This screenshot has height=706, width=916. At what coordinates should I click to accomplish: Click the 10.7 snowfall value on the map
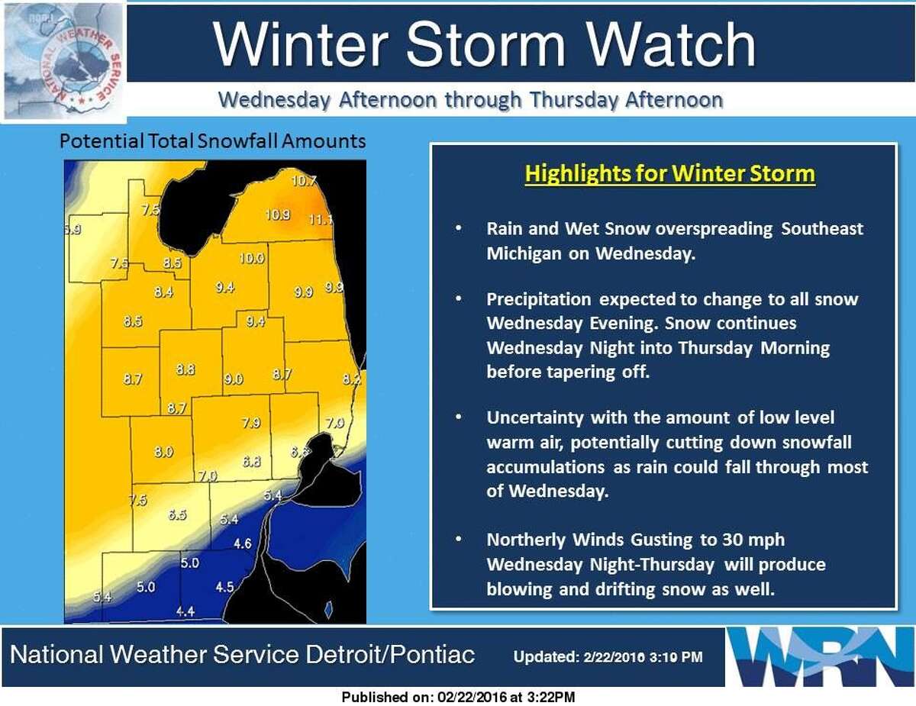(x=304, y=181)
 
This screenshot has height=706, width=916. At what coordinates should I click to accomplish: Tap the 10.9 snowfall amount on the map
(x=277, y=215)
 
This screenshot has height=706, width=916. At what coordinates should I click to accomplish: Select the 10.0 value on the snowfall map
(x=252, y=258)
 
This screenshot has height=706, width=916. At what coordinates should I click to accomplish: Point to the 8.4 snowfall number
(x=163, y=292)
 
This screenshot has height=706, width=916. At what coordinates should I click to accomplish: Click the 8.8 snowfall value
(x=185, y=369)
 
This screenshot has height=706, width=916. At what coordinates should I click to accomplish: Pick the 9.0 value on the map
(x=234, y=379)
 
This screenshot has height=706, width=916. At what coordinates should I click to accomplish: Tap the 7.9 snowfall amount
(x=251, y=422)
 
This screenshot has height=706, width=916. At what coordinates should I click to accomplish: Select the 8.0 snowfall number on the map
(x=163, y=452)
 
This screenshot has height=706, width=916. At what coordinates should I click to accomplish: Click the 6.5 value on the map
(x=177, y=514)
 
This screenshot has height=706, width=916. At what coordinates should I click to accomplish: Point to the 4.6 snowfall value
(x=243, y=543)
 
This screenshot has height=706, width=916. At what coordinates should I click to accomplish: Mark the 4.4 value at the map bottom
(x=185, y=611)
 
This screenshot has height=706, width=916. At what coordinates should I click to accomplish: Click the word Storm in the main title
(x=485, y=44)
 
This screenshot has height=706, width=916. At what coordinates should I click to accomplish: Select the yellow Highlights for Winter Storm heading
(x=669, y=174)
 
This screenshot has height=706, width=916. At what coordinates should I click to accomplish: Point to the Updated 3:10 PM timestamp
(x=608, y=657)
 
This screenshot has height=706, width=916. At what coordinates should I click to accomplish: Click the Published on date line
(x=458, y=697)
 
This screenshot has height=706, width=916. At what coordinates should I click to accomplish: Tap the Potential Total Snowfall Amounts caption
(x=212, y=141)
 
